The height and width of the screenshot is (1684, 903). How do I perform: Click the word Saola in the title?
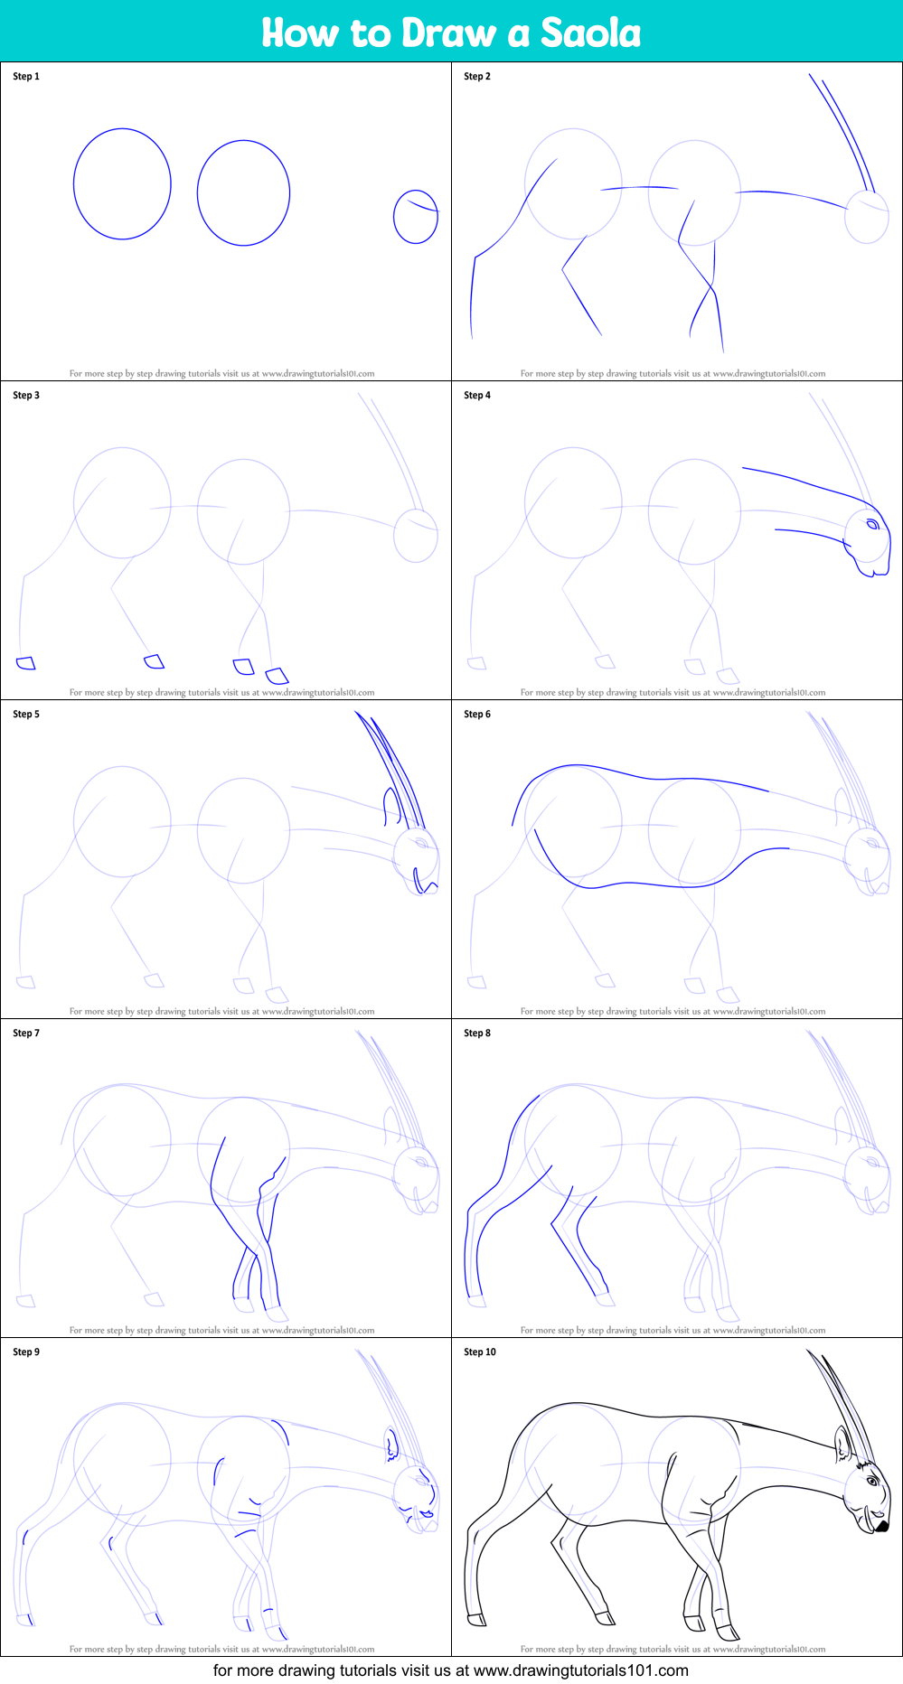click(590, 33)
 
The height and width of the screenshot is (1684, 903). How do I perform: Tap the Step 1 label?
click(26, 77)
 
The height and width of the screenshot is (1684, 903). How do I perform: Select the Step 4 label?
click(477, 396)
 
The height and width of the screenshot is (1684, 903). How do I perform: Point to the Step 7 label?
click(26, 1034)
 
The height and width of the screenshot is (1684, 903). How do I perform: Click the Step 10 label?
click(480, 1352)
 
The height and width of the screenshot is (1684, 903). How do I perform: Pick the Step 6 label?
click(477, 715)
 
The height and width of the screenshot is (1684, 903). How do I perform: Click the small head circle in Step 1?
click(416, 217)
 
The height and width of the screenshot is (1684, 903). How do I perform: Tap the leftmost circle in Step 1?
click(122, 184)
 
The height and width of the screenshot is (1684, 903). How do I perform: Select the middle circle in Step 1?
click(243, 193)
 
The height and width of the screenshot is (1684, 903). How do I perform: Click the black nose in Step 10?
click(881, 1526)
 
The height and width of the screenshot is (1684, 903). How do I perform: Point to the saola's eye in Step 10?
click(873, 1482)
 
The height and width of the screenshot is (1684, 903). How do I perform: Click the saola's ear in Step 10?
click(842, 1445)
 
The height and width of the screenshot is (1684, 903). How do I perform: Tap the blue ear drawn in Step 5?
click(391, 807)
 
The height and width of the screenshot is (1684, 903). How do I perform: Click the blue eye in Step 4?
click(873, 525)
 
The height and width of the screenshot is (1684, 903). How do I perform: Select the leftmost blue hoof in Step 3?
click(26, 663)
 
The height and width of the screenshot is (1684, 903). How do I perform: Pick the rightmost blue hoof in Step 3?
click(277, 675)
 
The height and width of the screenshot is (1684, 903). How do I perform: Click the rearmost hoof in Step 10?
click(475, 1619)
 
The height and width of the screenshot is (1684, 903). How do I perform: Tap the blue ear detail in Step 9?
click(391, 1446)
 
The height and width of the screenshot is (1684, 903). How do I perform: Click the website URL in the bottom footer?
click(580, 1670)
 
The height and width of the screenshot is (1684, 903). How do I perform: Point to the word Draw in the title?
click(448, 33)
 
